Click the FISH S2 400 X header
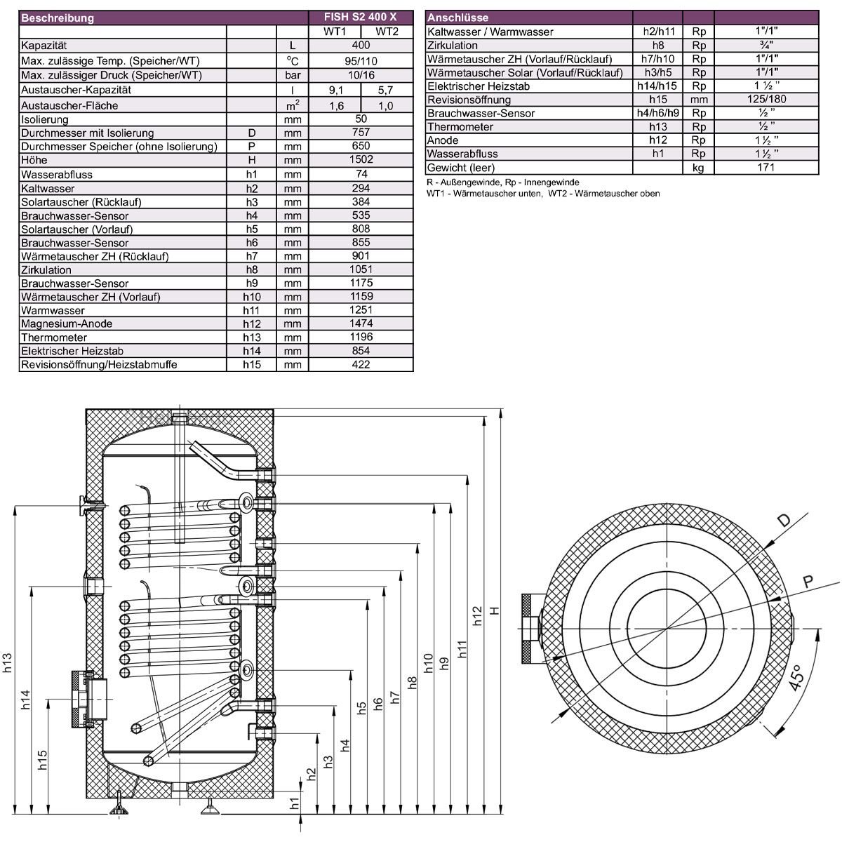tap(360, 17)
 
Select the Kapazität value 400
tap(361, 45)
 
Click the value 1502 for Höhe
tap(361, 159)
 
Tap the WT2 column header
tap(387, 32)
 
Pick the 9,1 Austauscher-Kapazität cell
tap(336, 91)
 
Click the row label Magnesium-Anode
tap(67, 323)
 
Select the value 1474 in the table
tap(361, 323)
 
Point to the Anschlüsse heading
tap(457, 18)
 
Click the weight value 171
tap(766, 168)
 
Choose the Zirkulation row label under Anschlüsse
tap(453, 46)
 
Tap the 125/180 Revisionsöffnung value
tap(766, 99)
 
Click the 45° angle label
tap(796, 677)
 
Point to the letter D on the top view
tap(784, 520)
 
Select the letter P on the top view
tap(808, 582)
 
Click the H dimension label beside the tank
tap(494, 610)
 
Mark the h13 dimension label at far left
tap(8, 663)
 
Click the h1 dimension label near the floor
tap(295, 803)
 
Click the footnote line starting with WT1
tap(543, 194)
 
